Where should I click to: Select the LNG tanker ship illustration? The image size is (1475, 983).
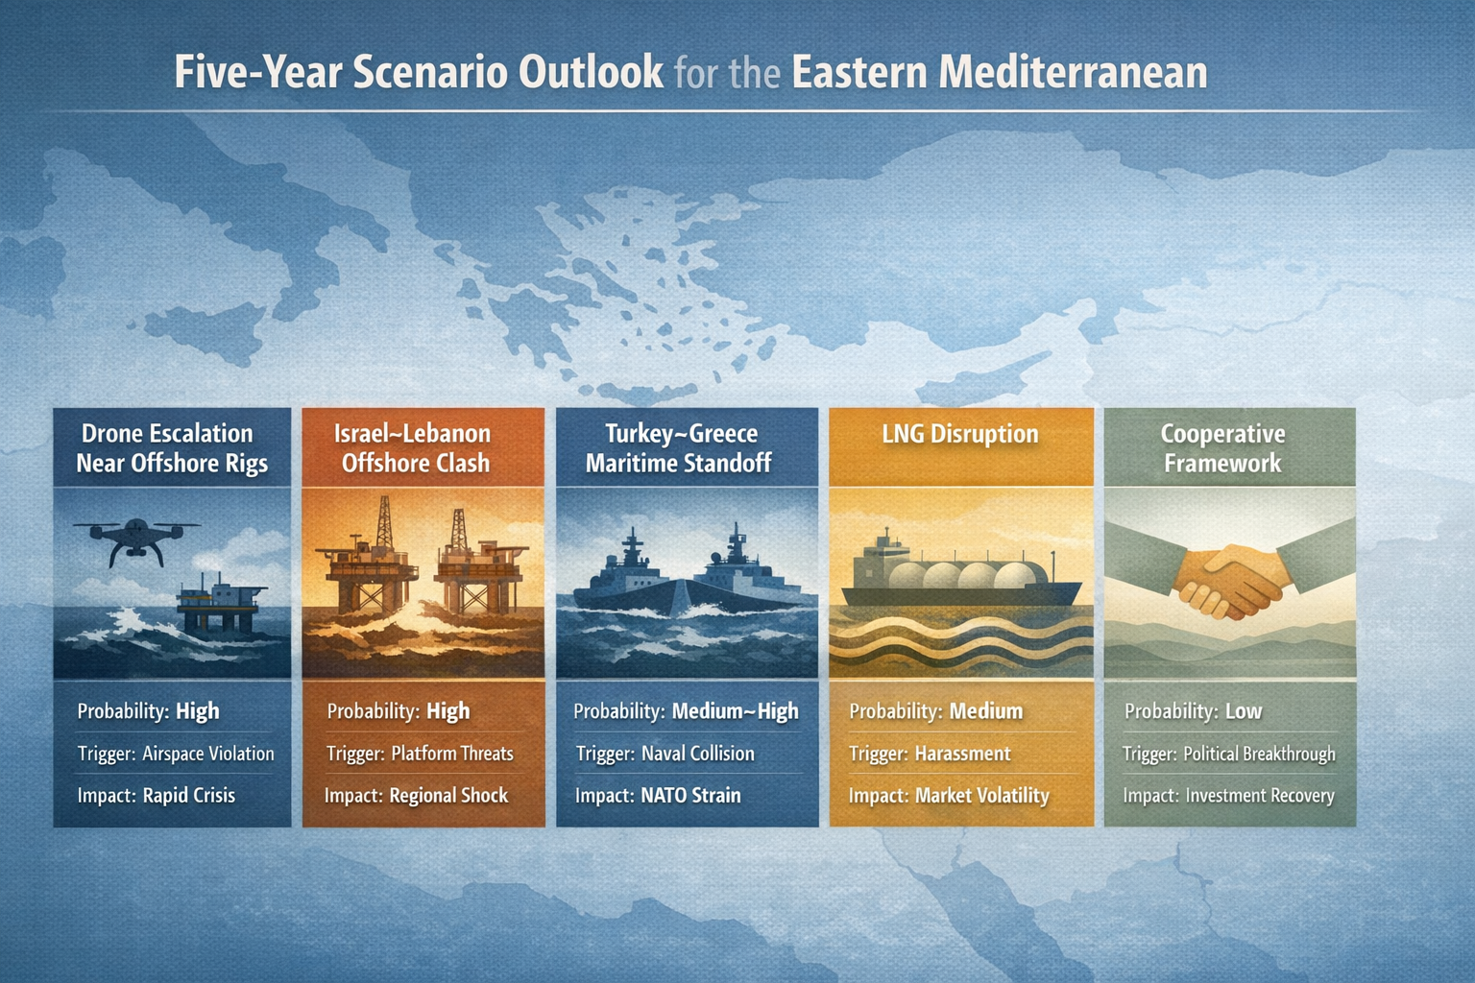(960, 576)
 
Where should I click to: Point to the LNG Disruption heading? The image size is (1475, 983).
(960, 434)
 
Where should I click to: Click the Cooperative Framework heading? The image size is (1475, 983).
(1222, 448)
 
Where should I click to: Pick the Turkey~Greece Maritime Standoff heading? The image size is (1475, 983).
(680, 448)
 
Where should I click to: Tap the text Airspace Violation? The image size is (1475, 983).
(208, 754)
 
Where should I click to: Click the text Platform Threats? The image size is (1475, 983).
(452, 754)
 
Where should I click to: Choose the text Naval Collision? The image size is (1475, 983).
(697, 754)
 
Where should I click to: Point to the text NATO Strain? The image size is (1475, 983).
(690, 795)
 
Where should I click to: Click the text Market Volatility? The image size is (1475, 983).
(981, 796)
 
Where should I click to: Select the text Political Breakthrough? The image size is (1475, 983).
(1259, 754)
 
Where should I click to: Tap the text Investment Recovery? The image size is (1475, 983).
(1260, 796)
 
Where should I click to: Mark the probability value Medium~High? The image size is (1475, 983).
(735, 711)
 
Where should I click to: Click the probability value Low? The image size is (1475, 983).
(1244, 711)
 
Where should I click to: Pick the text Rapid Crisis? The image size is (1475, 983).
(189, 795)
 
